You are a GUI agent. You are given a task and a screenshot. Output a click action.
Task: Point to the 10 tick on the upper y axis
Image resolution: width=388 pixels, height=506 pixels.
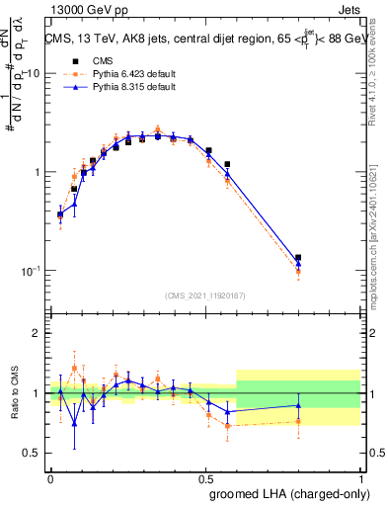pos(31,74)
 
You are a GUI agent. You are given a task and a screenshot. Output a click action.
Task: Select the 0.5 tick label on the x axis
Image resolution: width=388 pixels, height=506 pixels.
pos(205,478)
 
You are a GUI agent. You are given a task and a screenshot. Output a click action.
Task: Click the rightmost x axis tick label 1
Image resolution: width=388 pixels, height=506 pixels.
pos(361,478)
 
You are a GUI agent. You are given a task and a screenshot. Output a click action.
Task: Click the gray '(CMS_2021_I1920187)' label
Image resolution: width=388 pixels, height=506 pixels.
pos(205,295)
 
